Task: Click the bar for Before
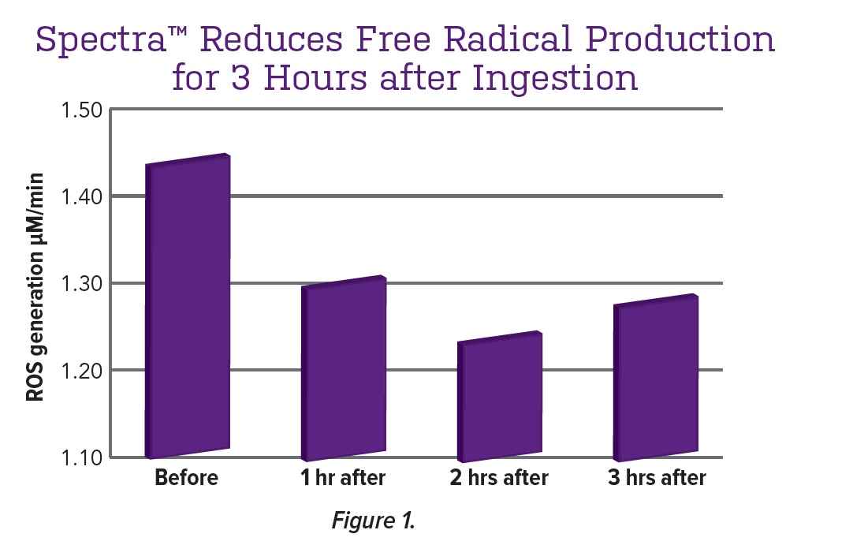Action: point(188,308)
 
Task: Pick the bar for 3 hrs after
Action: point(656,379)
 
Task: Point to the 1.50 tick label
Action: point(83,109)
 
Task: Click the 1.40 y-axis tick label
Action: point(83,196)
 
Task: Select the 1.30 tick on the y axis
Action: point(83,283)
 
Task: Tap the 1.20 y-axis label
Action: point(83,370)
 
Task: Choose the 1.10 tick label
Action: point(83,457)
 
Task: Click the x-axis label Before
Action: point(186,478)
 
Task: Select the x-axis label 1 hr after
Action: point(343,478)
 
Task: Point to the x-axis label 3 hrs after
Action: point(657,478)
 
